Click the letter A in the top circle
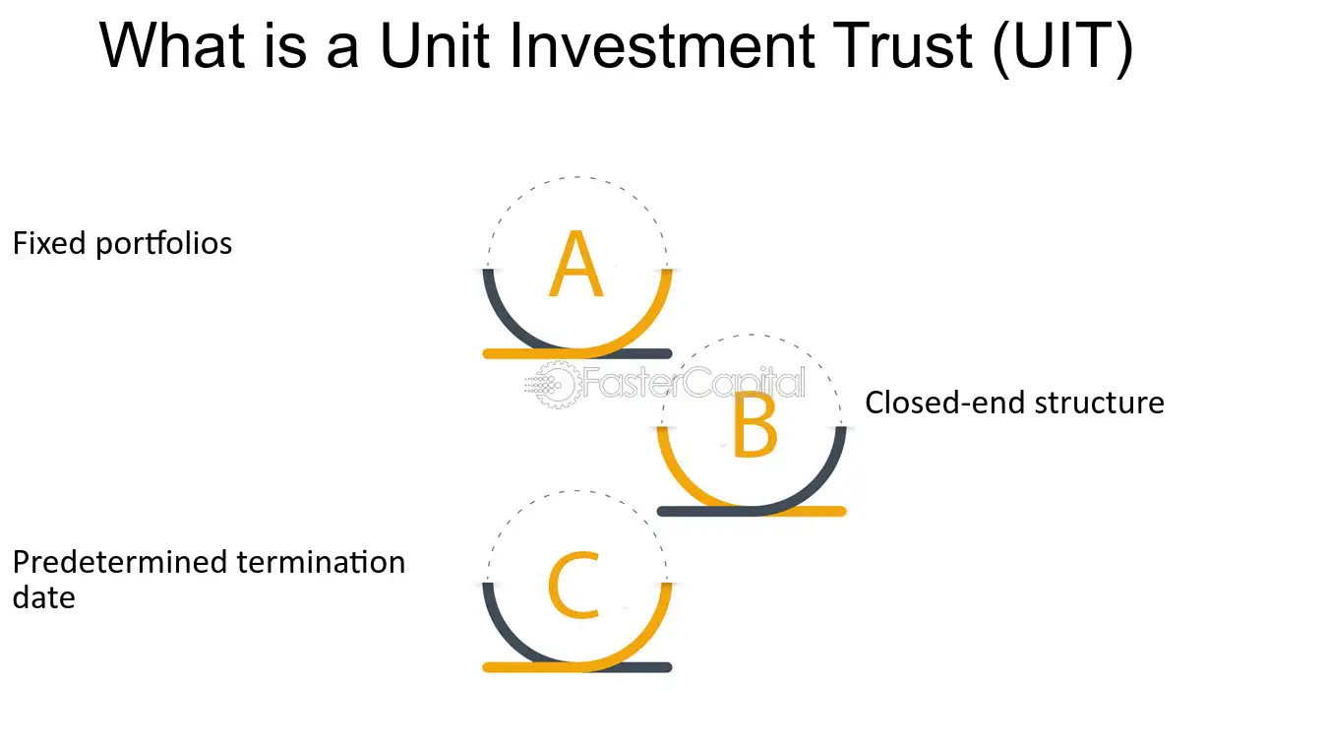coord(575,265)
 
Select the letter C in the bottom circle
coord(574,586)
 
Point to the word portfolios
coord(163,244)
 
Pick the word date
coord(43,597)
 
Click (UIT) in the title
coord(1062,47)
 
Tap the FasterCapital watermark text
coord(694,383)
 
